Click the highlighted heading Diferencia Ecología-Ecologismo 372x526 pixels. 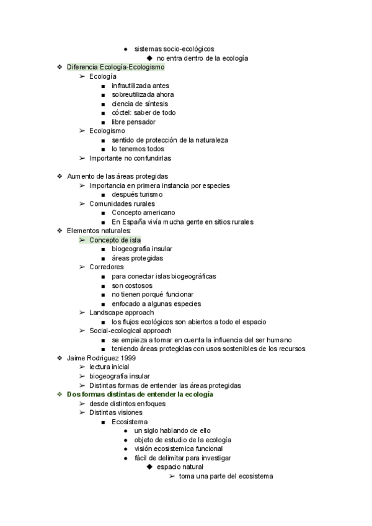click(x=115, y=67)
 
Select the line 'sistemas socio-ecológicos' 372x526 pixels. click(x=175, y=49)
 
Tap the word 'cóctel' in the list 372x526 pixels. click(x=122, y=113)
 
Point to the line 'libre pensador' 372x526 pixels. click(x=133, y=122)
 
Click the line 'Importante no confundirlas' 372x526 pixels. click(x=130, y=158)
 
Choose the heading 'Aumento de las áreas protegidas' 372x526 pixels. click(x=117, y=176)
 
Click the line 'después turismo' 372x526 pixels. click(x=137, y=195)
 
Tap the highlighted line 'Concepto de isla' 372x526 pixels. click(x=115, y=240)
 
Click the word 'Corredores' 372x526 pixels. click(x=106, y=267)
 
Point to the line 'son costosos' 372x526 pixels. click(x=132, y=285)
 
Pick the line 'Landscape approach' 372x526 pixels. click(x=121, y=313)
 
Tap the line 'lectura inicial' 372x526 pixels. click(x=109, y=367)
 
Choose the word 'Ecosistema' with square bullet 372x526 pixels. click(x=130, y=422)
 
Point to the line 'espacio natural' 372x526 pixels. click(x=180, y=467)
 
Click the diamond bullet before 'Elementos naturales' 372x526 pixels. click(x=59, y=231)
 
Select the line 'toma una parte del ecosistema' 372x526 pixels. click(x=226, y=476)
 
